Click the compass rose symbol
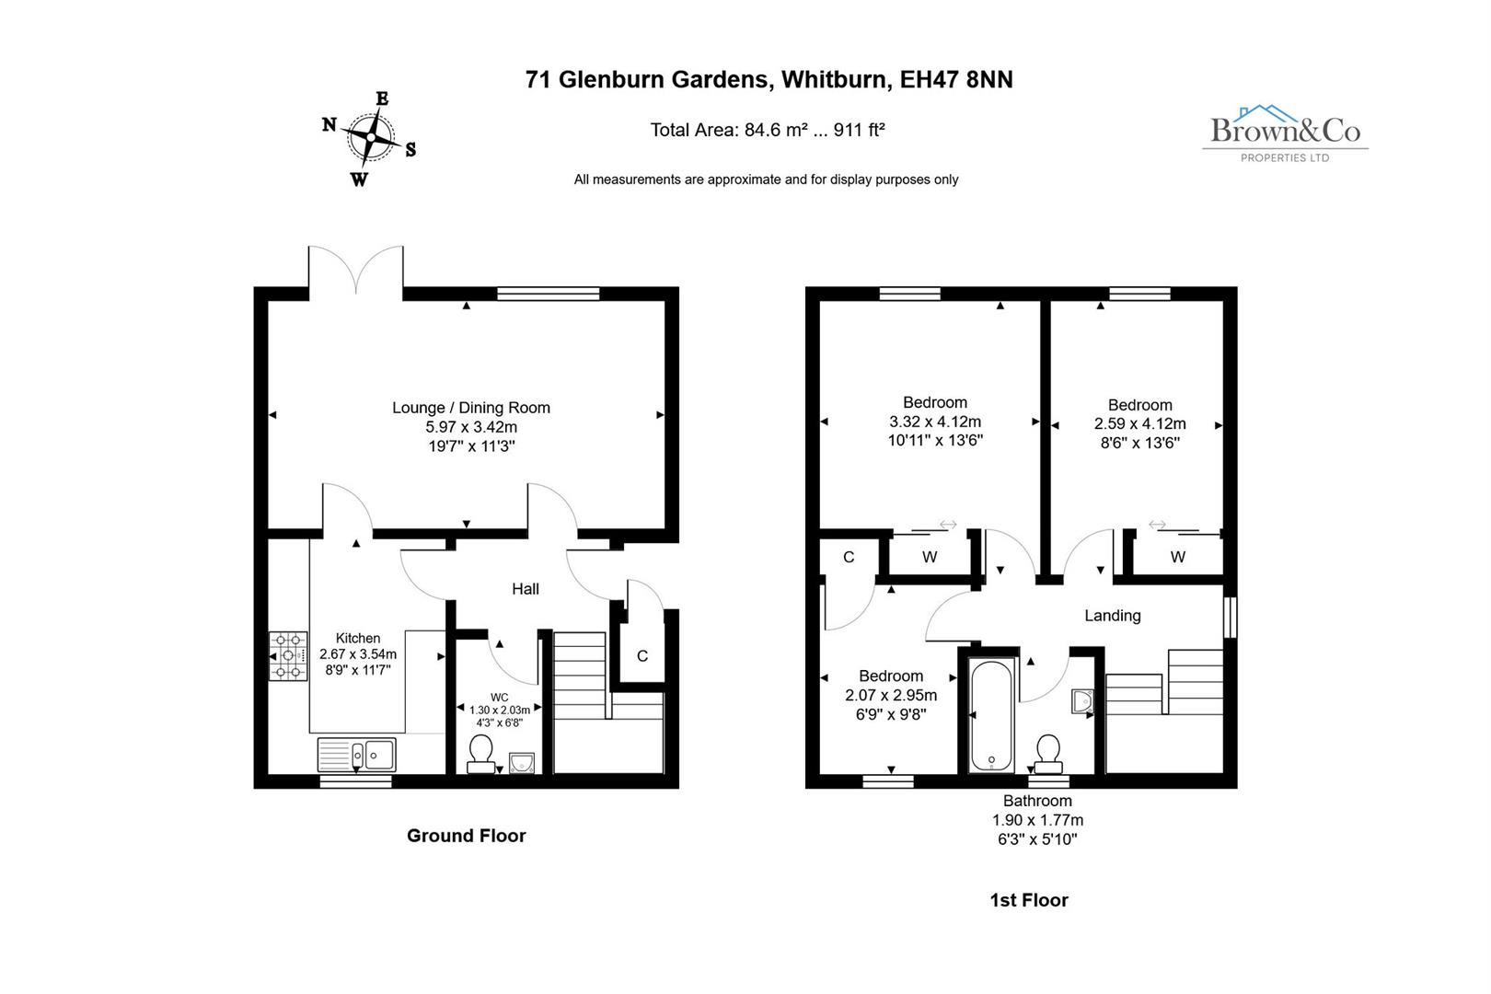point(370,138)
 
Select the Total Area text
point(767,130)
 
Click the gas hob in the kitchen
point(288,655)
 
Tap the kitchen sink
point(356,755)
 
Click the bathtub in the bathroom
point(991,716)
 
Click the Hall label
point(526,589)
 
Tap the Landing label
point(1112,616)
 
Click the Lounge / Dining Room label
point(471,408)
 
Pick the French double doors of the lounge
point(356,272)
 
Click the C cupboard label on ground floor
point(642,656)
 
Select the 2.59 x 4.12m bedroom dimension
point(1139,424)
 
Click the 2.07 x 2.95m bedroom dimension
point(891,695)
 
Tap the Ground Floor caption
point(466,836)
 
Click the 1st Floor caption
point(1028,900)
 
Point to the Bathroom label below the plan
point(1037,801)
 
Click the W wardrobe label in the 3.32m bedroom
point(930,557)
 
